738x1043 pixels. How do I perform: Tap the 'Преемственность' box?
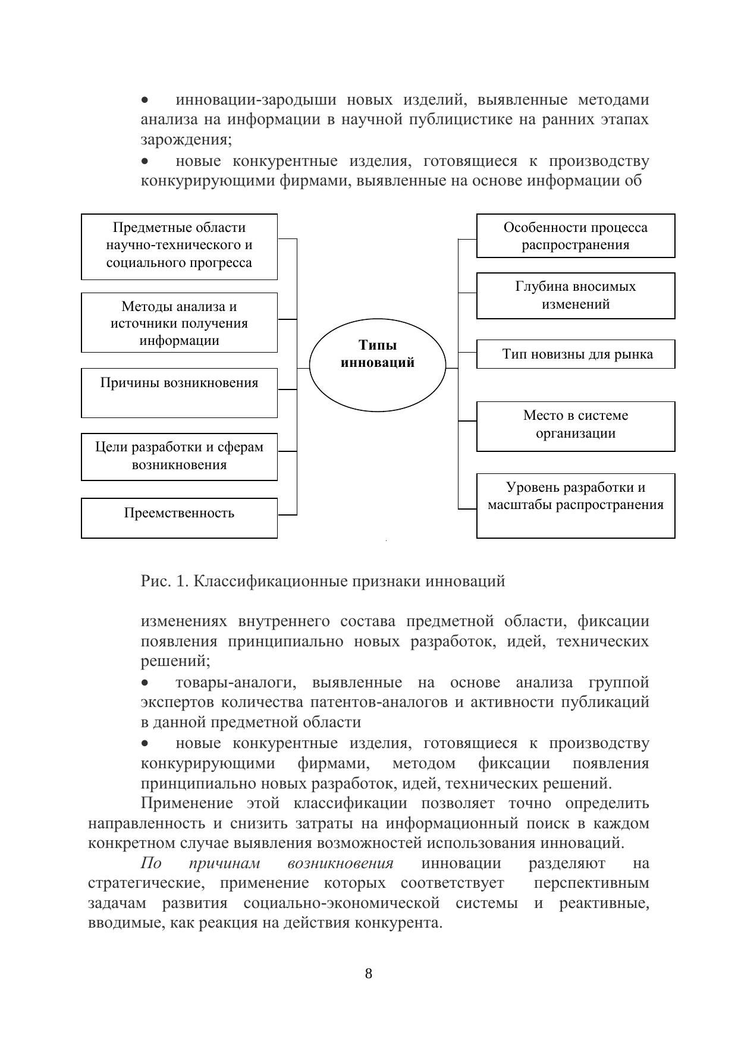[x=179, y=518]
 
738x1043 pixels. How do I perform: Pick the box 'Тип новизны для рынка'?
[x=575, y=354]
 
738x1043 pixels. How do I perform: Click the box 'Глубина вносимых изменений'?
[x=575, y=296]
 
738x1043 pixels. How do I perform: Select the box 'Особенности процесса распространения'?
[x=575, y=236]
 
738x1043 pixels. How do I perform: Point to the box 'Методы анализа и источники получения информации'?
[x=179, y=323]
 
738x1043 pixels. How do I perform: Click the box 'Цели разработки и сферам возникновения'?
[x=179, y=456]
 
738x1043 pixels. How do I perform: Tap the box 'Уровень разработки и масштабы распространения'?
[x=575, y=505]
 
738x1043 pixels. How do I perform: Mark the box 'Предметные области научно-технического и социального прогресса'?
[x=179, y=246]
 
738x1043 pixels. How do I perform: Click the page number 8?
[x=368, y=973]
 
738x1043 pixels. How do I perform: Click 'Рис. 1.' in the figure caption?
[x=164, y=581]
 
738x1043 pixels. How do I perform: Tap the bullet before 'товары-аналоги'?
[x=146, y=683]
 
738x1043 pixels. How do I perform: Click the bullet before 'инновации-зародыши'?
[x=146, y=99]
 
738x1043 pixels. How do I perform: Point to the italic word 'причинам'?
[x=224, y=863]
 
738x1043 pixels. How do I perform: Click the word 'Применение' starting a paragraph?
[x=186, y=803]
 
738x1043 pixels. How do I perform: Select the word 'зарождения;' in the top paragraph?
[x=186, y=140]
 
